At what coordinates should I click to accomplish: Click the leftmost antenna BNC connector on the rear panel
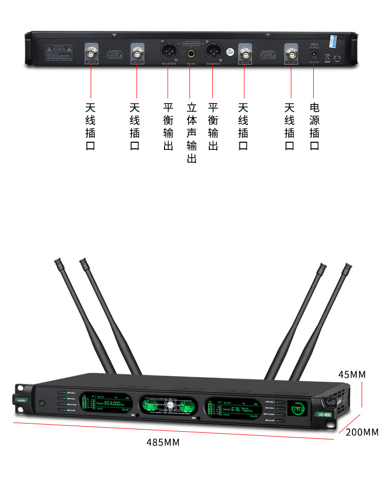point(92,53)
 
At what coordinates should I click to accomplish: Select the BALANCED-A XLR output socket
point(213,51)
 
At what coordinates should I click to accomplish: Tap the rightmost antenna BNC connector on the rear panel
point(291,53)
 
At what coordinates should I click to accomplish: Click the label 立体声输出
point(192,133)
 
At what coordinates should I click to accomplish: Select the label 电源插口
point(314,127)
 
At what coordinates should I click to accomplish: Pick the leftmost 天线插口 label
point(91,127)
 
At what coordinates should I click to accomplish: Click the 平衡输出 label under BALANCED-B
point(169,127)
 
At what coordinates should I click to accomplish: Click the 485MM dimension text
point(163,442)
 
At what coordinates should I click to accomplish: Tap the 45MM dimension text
point(351,375)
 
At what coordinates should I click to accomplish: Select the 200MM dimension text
point(362,432)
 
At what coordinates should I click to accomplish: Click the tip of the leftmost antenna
point(57,262)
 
